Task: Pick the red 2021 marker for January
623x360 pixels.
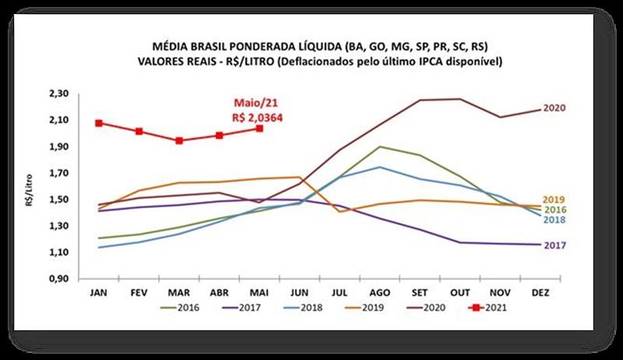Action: pyautogui.click(x=99, y=123)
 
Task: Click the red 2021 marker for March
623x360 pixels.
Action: pyautogui.click(x=179, y=141)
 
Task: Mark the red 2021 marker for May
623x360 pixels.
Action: pyautogui.click(x=259, y=129)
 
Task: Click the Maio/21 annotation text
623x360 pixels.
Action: pyautogui.click(x=252, y=103)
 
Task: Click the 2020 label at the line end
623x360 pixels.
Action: pyautogui.click(x=554, y=108)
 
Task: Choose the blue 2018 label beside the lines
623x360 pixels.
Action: pyautogui.click(x=554, y=220)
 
